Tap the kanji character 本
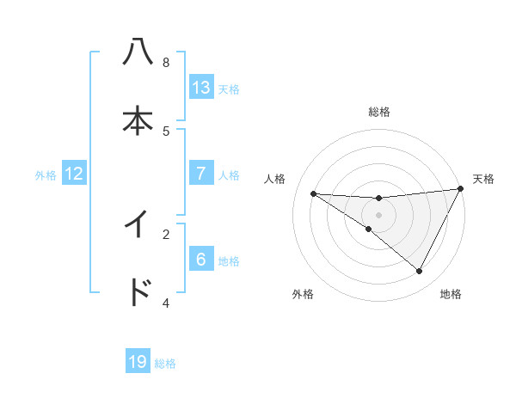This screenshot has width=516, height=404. pyautogui.click(x=138, y=121)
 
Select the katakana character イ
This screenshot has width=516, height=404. pyautogui.click(x=138, y=224)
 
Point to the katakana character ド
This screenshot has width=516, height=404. pyautogui.click(x=138, y=292)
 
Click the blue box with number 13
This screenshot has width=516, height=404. pyautogui.click(x=201, y=87)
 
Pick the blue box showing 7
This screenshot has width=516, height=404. pyautogui.click(x=201, y=174)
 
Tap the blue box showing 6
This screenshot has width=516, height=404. pyautogui.click(x=201, y=260)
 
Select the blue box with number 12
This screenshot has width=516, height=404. pyautogui.click(x=74, y=174)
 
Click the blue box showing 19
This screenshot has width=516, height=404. pyautogui.click(x=138, y=362)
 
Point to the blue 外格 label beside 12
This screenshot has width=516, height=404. pyautogui.click(x=46, y=174)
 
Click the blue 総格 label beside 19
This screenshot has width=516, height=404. pyautogui.click(x=165, y=363)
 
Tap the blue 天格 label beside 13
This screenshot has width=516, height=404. pyautogui.click(x=229, y=88)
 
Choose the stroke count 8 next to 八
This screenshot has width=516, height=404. pyautogui.click(x=166, y=63)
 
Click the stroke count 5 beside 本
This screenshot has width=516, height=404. pyautogui.click(x=166, y=131)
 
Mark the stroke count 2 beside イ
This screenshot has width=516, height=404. pyautogui.click(x=166, y=233)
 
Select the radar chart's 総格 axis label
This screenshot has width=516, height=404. pyautogui.click(x=378, y=112)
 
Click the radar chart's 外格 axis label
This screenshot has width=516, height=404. pyautogui.click(x=303, y=294)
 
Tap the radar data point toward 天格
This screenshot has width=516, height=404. pyautogui.click(x=461, y=189)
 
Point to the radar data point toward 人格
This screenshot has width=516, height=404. pyautogui.click(x=313, y=193)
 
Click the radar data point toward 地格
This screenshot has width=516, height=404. pyautogui.click(x=420, y=272)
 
